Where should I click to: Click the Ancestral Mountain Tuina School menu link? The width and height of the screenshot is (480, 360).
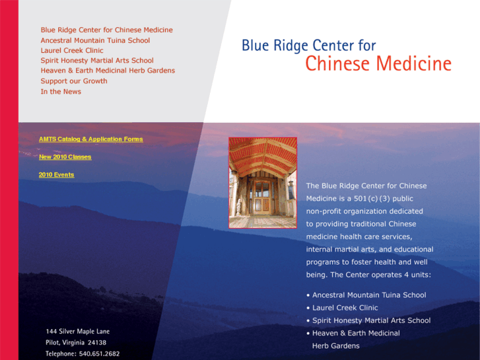tap(95, 40)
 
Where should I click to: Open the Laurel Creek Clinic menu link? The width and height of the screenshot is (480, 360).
tap(72, 51)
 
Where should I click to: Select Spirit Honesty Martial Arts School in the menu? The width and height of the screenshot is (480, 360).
tap(97, 61)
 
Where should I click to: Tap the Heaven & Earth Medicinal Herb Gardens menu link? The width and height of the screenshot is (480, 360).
tap(108, 71)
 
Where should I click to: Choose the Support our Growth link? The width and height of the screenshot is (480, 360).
tap(74, 81)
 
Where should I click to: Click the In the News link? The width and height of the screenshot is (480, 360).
tap(61, 92)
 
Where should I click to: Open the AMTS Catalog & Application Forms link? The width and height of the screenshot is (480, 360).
tap(91, 139)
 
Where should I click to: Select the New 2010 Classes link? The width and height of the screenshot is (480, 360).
tap(65, 157)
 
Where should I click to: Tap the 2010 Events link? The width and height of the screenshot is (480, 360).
tap(57, 174)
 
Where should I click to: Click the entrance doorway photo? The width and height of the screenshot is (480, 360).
tap(263, 182)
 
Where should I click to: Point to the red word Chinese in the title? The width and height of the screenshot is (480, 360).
tap(338, 63)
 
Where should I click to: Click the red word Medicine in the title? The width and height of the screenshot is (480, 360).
tap(414, 63)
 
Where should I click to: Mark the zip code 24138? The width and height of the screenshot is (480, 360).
tap(97, 343)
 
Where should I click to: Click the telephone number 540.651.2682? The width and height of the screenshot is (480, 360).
tap(100, 354)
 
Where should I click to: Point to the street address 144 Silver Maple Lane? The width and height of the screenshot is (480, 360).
tap(78, 332)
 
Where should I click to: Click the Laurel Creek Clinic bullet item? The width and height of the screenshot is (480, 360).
tap(345, 308)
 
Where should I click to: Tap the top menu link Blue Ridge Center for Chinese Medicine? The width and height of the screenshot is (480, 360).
tap(107, 30)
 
